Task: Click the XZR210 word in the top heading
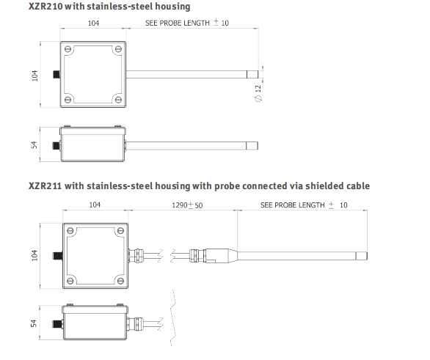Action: (45, 7)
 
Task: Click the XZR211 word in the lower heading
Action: (45, 185)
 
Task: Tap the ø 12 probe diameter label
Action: (258, 93)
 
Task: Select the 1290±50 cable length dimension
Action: (187, 205)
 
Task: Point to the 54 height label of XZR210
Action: (34, 144)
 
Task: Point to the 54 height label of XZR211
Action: (34, 323)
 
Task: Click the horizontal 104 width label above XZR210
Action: (93, 23)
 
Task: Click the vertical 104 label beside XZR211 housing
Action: (34, 255)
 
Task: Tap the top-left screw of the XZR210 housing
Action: (68, 49)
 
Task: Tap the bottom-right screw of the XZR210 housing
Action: (118, 99)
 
